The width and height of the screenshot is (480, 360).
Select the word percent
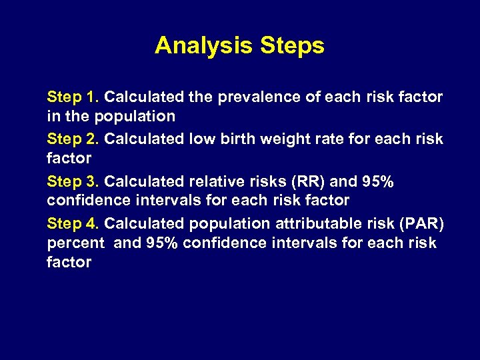(x=75, y=243)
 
